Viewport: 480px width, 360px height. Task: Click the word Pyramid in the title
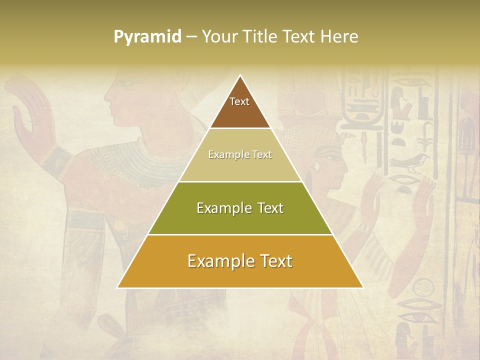pyautogui.click(x=147, y=37)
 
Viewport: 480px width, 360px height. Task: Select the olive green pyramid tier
pyautogui.click(x=240, y=220)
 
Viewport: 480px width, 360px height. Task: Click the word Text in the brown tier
pyautogui.click(x=239, y=101)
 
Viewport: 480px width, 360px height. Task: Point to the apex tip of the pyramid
pyautogui.click(x=240, y=75)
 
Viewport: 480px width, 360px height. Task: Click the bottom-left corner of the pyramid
pyautogui.click(x=117, y=287)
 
